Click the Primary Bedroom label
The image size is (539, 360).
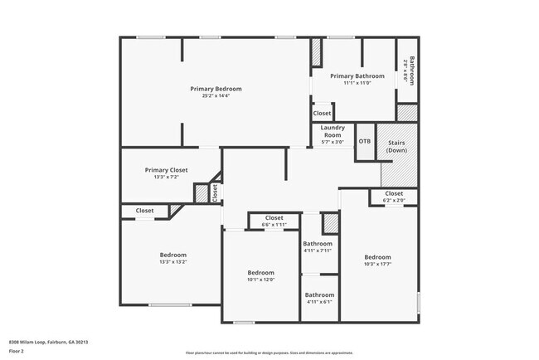pyautogui.click(x=216, y=89)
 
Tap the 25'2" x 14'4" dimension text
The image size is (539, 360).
pyautogui.click(x=216, y=96)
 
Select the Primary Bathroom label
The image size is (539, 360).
pyautogui.click(x=357, y=75)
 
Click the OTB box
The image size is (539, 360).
pyautogui.click(x=365, y=141)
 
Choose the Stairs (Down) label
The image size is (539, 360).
pyautogui.click(x=397, y=147)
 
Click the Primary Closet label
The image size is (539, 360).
pyautogui.click(x=166, y=170)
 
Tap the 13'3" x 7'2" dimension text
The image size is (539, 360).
pyautogui.click(x=166, y=177)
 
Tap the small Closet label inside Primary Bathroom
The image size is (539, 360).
pyautogui.click(x=322, y=113)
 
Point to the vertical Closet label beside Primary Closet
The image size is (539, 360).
pyautogui.click(x=215, y=193)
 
